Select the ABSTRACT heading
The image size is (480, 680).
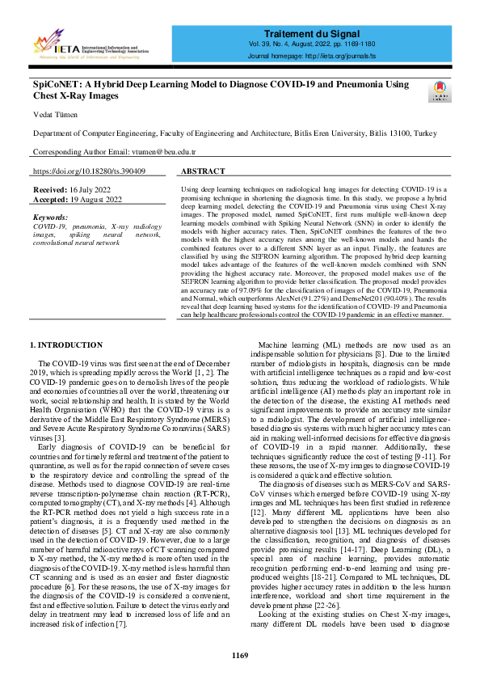(x=203, y=171)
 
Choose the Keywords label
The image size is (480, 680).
(x=51, y=218)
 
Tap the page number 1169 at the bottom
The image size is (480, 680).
(x=240, y=654)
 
